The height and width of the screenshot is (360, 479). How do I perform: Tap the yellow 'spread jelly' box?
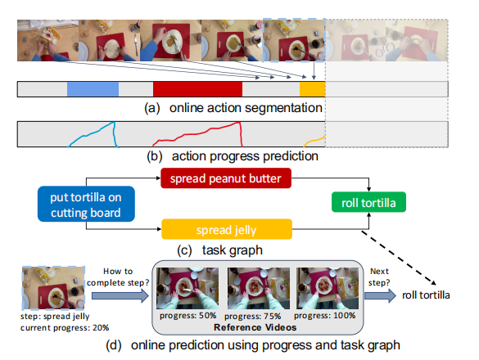(227, 228)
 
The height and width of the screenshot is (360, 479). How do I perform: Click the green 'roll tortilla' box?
(369, 202)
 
